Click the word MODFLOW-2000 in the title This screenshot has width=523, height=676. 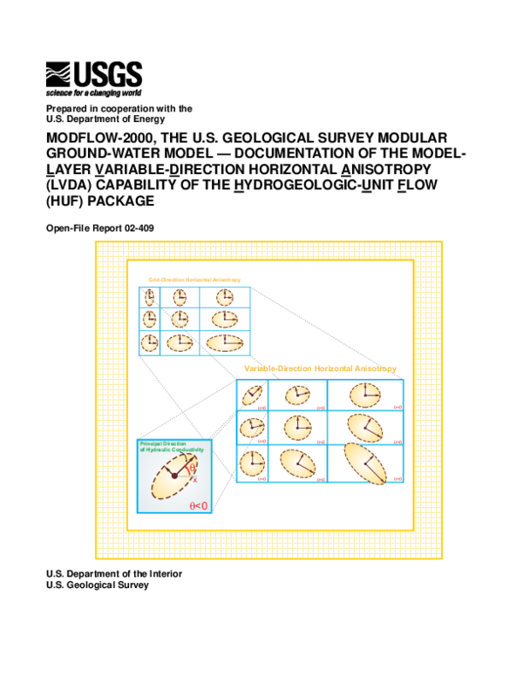point(92,139)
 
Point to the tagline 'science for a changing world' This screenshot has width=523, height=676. point(92,91)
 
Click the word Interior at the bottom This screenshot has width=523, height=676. point(162,573)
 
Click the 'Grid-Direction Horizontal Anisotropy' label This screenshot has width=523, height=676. point(194,279)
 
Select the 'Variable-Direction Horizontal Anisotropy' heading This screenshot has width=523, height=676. point(321,368)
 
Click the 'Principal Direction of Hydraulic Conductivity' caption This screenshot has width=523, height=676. point(171,447)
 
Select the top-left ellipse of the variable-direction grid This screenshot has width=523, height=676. point(253,396)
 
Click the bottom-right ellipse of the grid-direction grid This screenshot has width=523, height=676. point(225,341)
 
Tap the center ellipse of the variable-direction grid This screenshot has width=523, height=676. point(298,427)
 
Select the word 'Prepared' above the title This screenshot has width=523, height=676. point(65,108)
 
